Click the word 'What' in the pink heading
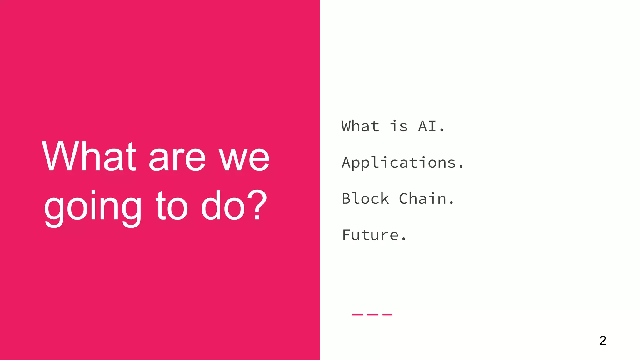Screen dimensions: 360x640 (x=89, y=156)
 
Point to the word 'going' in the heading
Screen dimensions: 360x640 (x=93, y=208)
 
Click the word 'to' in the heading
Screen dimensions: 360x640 (x=172, y=206)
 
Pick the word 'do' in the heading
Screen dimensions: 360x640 (x=223, y=206)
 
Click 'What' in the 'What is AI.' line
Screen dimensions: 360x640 (x=360, y=126)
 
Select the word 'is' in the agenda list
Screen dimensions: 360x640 (x=399, y=126)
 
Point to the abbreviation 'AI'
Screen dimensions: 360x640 (x=427, y=126)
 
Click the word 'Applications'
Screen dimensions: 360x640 (x=399, y=163)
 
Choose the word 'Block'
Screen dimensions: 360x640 (x=365, y=199)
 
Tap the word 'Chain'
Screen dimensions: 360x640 (x=423, y=199)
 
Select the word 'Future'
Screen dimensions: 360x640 (x=370, y=235)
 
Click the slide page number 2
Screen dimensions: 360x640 (x=603, y=340)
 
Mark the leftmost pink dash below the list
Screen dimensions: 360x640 (x=357, y=314)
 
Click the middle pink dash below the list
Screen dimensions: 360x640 (x=372, y=314)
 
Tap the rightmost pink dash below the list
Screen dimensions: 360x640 (x=387, y=314)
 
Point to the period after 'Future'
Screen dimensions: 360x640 (x=403, y=240)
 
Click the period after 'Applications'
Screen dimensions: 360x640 (x=461, y=167)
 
